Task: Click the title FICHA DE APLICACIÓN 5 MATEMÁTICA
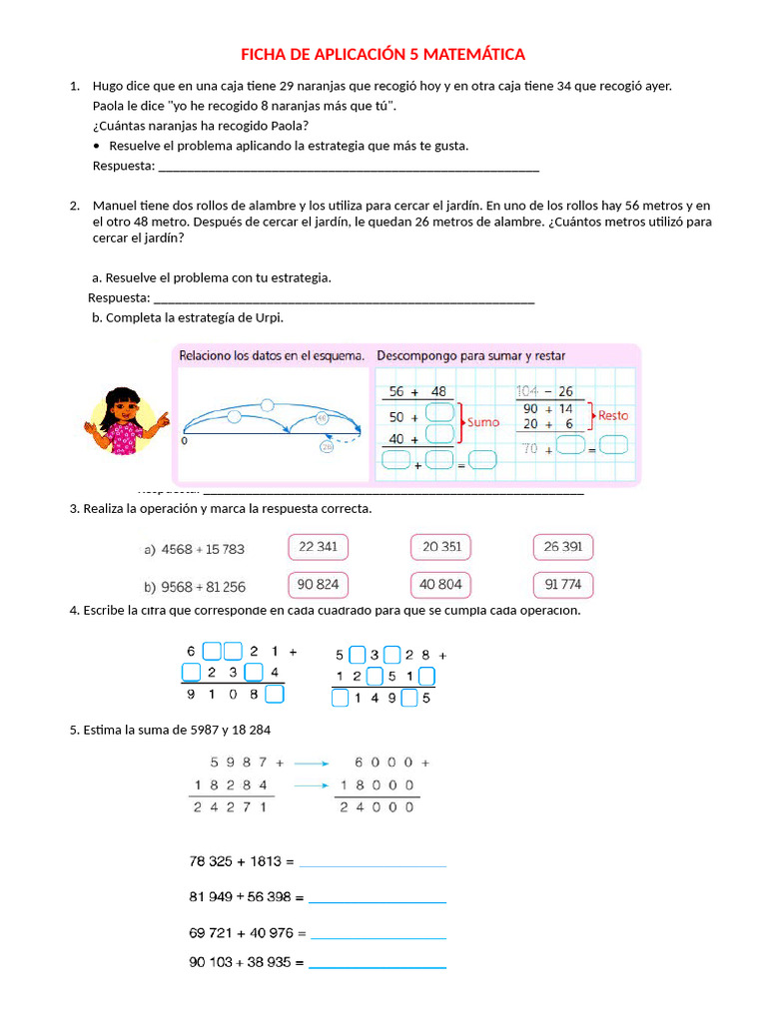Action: pyautogui.click(x=383, y=54)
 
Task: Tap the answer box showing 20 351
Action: pyautogui.click(x=440, y=547)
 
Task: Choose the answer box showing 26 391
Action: pyautogui.click(x=563, y=547)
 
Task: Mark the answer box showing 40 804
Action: pyautogui.click(x=440, y=585)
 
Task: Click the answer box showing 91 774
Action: pyautogui.click(x=563, y=585)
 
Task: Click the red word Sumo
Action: pyautogui.click(x=483, y=422)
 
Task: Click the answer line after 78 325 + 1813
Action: pyautogui.click(x=373, y=864)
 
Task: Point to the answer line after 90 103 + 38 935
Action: pyautogui.click(x=378, y=967)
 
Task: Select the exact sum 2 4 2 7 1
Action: pyautogui.click(x=231, y=807)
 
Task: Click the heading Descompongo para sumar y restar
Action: pyautogui.click(x=471, y=355)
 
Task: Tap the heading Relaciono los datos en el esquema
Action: pyautogui.click(x=272, y=355)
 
